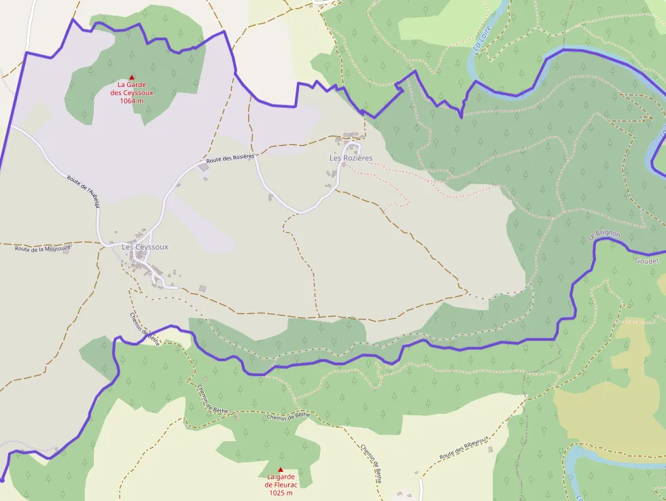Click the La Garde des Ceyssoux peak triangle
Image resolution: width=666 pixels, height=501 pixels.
132,77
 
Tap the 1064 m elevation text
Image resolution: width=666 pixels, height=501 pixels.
132,101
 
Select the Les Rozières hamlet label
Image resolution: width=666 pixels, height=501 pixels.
351,158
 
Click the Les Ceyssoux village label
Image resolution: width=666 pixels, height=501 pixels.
145,247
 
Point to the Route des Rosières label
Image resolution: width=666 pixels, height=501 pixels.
230,158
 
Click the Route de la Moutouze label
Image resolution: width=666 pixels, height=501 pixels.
43,248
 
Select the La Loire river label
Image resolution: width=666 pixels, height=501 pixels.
481,37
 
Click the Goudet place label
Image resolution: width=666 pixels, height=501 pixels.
647,261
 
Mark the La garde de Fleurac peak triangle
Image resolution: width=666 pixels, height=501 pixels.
280,470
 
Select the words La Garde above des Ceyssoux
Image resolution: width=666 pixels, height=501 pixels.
132,85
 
